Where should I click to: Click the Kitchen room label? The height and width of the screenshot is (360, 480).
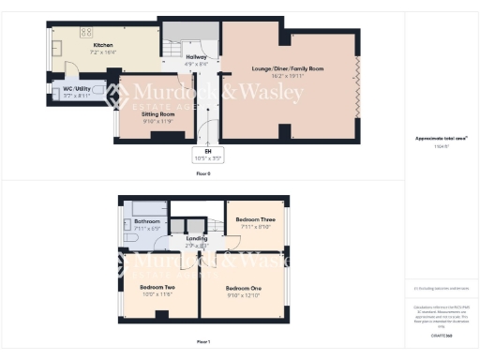tap(102, 44)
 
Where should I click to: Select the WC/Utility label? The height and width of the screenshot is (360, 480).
tap(78, 89)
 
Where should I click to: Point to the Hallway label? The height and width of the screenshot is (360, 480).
tap(196, 57)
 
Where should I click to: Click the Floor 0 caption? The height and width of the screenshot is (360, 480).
tap(202, 174)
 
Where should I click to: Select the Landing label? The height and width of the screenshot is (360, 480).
tap(197, 238)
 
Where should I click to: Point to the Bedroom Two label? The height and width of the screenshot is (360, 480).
tap(157, 287)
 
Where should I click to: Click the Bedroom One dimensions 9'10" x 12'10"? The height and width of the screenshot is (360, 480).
tap(243, 294)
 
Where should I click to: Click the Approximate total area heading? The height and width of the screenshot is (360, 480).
tap(441, 138)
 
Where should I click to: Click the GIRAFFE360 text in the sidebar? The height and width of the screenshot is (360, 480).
tap(441, 333)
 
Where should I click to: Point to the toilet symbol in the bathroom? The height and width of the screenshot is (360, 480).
tap(131, 240)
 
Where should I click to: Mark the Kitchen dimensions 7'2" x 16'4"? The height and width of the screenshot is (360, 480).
tap(102, 52)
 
